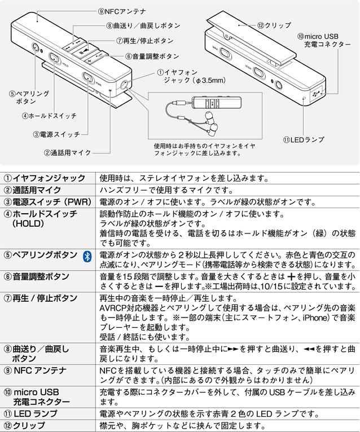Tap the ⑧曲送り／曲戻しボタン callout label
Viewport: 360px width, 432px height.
pos(143,26)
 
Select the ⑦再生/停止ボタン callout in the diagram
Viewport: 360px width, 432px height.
pos(144,41)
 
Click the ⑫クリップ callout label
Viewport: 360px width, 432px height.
pos(274,25)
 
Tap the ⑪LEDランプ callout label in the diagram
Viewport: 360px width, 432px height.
pos(306,139)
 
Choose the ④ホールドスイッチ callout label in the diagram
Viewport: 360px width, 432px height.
pos(49,116)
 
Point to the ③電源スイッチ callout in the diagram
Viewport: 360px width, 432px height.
pos(56,134)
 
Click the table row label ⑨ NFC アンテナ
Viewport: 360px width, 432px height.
pos(36,371)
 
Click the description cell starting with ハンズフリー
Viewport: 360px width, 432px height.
pos(166,189)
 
